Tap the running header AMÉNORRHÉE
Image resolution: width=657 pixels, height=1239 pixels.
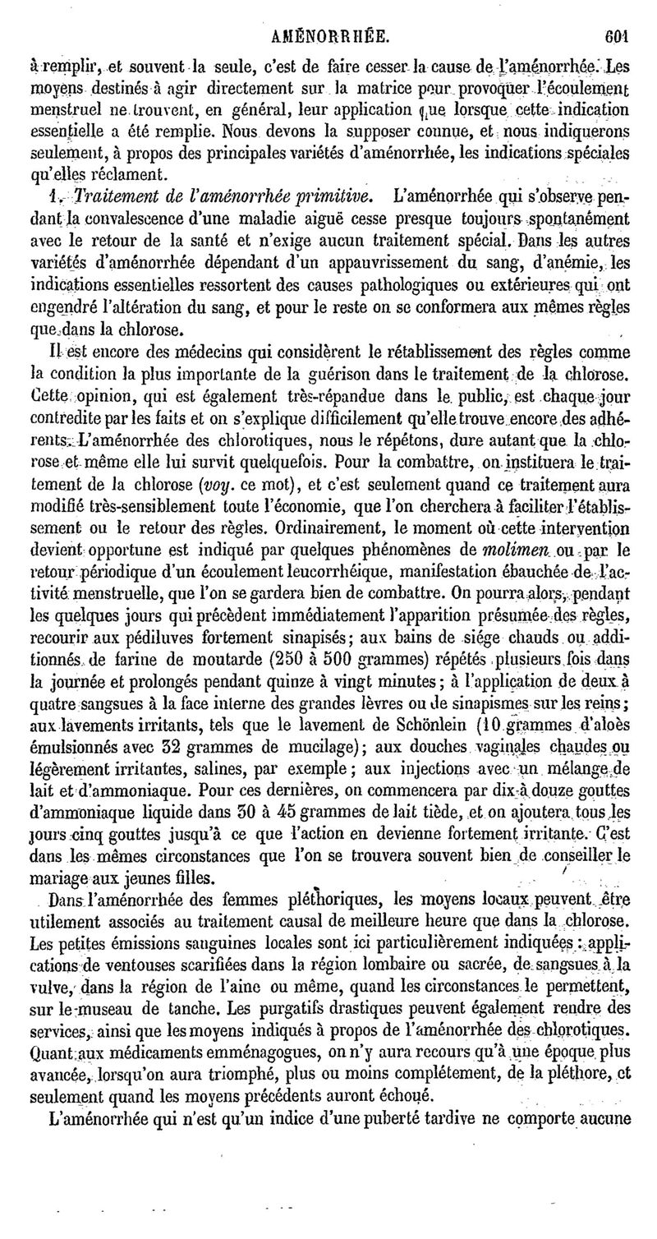333,14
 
